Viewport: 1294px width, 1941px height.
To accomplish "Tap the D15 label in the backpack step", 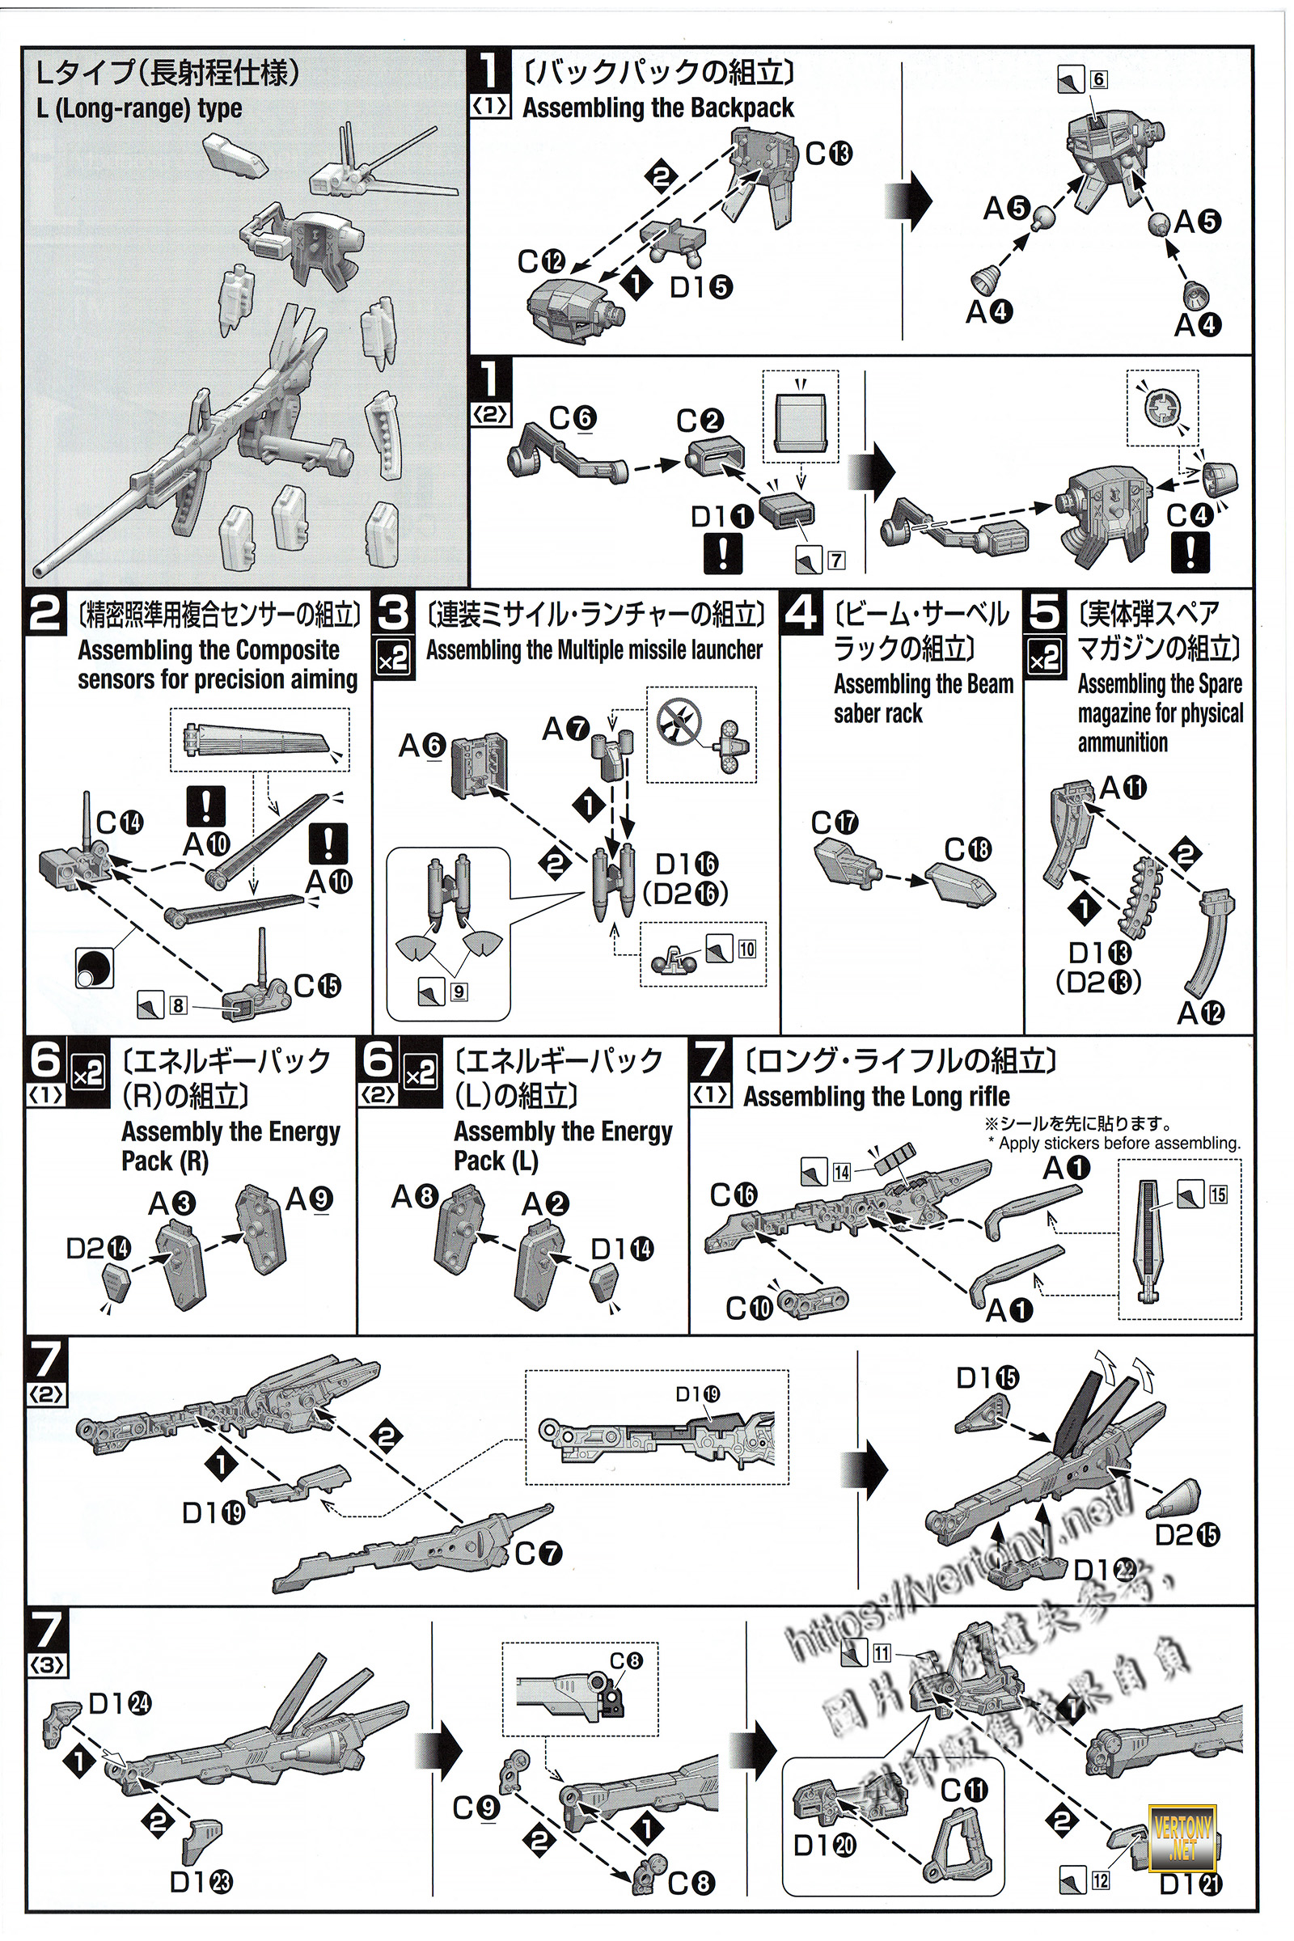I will pos(700,287).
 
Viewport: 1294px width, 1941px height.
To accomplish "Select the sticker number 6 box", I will pos(1097,80).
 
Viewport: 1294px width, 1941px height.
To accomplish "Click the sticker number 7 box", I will pos(836,560).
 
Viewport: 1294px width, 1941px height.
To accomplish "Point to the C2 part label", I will pos(700,421).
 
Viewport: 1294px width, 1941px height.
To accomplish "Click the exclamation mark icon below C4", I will pos(1189,552).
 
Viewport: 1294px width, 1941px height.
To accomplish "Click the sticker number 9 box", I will pos(459,992).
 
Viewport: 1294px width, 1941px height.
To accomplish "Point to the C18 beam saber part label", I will pos(968,849).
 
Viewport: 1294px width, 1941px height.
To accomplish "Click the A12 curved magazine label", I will pos(1201,1013).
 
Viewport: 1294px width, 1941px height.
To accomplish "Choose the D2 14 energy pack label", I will pos(98,1249).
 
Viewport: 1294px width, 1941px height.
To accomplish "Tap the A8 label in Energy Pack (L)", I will pos(415,1197).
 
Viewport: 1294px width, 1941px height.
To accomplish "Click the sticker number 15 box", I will pos(1218,1195).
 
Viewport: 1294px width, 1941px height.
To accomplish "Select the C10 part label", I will pos(749,1307).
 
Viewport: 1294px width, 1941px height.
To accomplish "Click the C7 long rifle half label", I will pos(539,1554).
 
